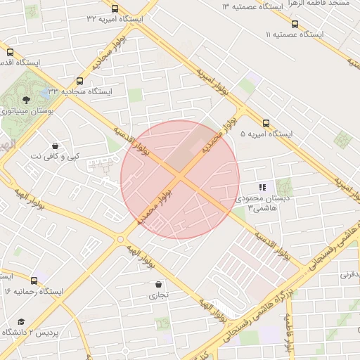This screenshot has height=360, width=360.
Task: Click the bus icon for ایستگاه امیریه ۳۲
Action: [x=115, y=9]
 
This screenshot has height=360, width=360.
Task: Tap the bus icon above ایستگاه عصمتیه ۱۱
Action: [x=294, y=22]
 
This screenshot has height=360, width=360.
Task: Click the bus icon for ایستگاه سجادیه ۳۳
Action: [x=79, y=81]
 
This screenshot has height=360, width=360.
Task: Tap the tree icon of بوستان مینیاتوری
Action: [x=26, y=100]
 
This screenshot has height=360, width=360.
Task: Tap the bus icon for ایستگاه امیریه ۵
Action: [x=266, y=122]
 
